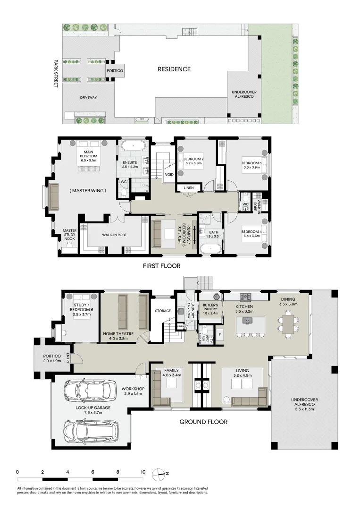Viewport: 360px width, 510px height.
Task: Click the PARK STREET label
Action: (x=56, y=74)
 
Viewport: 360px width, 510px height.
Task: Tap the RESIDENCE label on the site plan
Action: (x=174, y=69)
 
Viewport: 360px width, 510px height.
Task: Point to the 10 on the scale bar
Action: (x=142, y=472)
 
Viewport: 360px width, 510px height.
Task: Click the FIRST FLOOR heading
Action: (x=161, y=266)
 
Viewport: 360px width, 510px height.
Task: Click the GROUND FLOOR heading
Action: (x=203, y=422)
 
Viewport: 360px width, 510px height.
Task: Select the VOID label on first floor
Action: (x=169, y=174)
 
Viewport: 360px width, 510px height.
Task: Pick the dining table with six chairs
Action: (x=287, y=325)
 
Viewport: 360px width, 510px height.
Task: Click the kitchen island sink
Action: (x=246, y=321)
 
